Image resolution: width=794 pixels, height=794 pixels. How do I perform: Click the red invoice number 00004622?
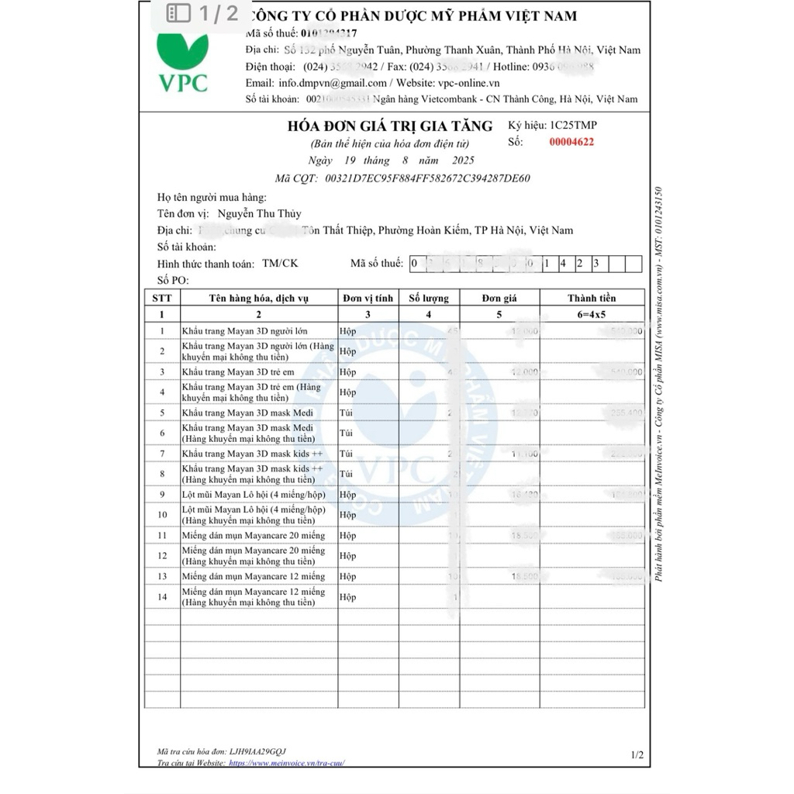571,142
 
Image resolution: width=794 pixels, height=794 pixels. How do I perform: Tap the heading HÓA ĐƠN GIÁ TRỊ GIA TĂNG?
389,126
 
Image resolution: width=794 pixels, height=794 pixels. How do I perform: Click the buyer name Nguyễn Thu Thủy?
260,214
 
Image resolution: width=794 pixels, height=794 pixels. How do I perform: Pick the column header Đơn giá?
499,298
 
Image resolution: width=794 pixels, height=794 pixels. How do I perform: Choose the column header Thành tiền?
592,298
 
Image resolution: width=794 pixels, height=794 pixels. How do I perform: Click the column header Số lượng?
429,298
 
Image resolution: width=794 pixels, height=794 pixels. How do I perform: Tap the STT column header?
162,298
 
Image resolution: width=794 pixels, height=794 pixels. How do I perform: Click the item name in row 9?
254,495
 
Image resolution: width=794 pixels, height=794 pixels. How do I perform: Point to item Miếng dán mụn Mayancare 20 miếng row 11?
254,536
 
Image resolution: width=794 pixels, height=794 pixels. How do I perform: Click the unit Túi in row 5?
346,413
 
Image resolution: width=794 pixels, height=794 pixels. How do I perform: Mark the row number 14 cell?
162,597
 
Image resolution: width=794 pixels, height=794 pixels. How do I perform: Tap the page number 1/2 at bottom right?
637,754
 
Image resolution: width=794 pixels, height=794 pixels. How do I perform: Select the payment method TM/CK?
280,264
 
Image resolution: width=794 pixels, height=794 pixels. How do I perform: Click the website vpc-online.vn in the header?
468,83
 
